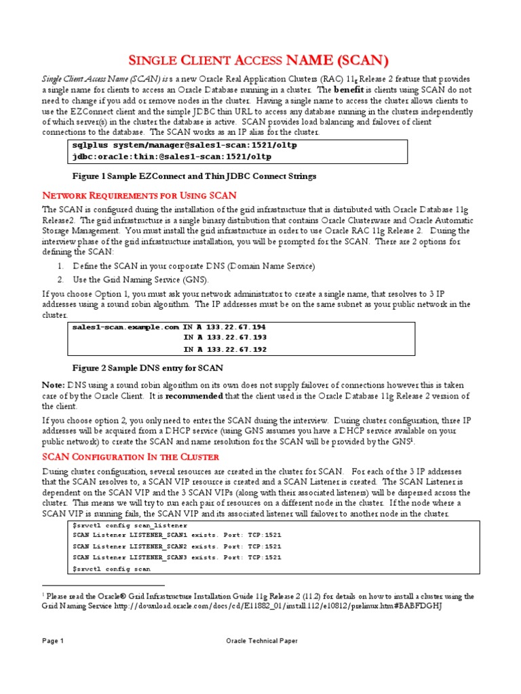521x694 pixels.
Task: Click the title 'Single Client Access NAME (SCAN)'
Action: [260, 61]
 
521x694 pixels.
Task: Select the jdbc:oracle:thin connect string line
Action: [172, 157]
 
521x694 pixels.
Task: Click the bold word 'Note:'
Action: [54, 385]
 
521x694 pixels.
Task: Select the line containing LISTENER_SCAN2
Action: [176, 546]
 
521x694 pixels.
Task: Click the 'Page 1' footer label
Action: [52, 640]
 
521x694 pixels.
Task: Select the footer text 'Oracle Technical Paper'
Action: [261, 640]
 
